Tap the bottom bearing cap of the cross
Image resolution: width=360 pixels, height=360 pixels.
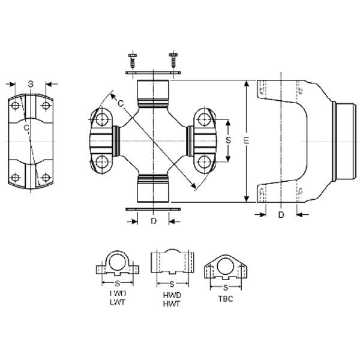click(153, 188)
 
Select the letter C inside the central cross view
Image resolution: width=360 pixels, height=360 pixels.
click(121, 104)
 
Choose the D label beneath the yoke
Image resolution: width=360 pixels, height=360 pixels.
click(281, 214)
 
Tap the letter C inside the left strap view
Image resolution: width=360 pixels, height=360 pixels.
click(26, 127)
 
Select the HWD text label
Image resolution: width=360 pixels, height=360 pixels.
click(172, 296)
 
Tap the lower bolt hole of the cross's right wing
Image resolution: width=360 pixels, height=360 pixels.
click(205, 161)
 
